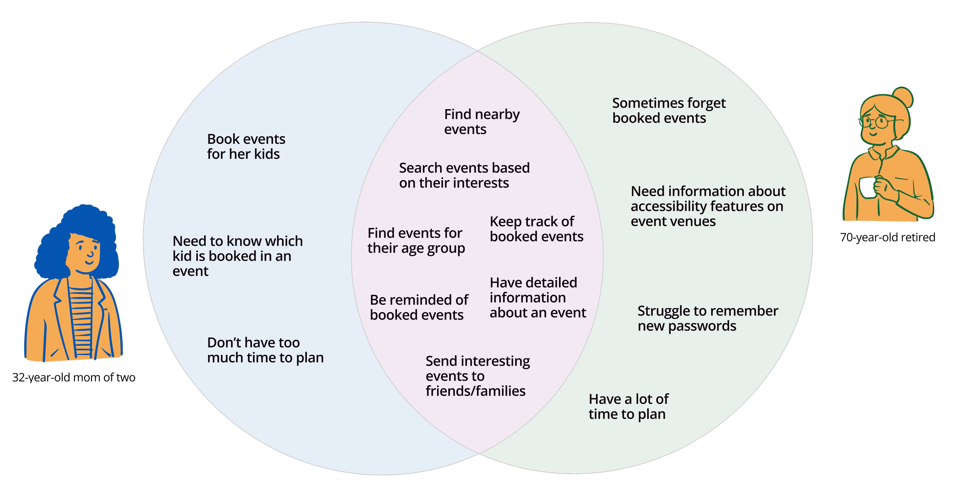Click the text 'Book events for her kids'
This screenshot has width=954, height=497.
pyautogui.click(x=246, y=147)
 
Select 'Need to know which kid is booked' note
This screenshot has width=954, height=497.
pyautogui.click(x=237, y=256)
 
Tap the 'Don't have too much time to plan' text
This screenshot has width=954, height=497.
pyautogui.click(x=265, y=350)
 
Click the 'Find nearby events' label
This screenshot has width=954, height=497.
pyautogui.click(x=482, y=122)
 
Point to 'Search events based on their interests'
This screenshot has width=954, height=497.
pyautogui.click(x=464, y=175)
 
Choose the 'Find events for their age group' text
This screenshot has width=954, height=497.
pyautogui.click(x=416, y=240)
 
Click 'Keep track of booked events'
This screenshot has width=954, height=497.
pyautogui.click(x=536, y=229)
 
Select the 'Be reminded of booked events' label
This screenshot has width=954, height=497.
pyautogui.click(x=419, y=307)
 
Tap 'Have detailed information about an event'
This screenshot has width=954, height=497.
pyautogui.click(x=537, y=298)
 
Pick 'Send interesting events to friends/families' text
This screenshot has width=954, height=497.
pyautogui.click(x=477, y=376)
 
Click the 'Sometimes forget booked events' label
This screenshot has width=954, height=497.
pyautogui.click(x=669, y=110)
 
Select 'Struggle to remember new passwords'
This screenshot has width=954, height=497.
pyautogui.click(x=707, y=318)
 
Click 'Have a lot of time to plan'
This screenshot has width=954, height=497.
pyautogui.click(x=628, y=407)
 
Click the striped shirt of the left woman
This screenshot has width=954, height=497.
pyautogui.click(x=81, y=321)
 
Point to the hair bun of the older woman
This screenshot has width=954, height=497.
pyautogui.click(x=903, y=97)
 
